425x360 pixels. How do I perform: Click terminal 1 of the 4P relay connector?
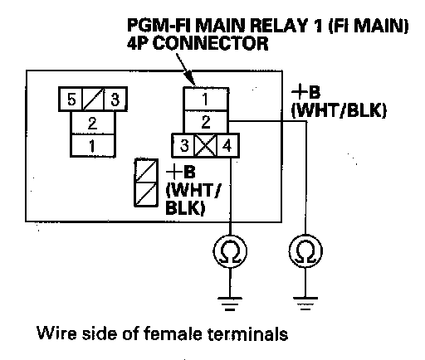[206, 99]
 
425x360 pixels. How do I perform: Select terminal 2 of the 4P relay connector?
[206, 122]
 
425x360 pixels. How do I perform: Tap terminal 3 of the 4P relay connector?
[183, 145]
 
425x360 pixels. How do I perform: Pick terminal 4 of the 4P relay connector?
[227, 145]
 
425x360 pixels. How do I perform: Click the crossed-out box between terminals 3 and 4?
[206, 145]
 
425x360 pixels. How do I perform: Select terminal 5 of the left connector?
[71, 99]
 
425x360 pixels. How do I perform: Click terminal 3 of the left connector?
[115, 99]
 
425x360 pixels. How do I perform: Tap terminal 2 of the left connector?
[93, 123]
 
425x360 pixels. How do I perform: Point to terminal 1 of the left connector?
[93, 145]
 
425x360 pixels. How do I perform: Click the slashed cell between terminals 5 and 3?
[93, 99]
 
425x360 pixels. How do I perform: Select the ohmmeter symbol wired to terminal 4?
[230, 251]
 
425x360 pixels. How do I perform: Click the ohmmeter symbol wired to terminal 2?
[305, 251]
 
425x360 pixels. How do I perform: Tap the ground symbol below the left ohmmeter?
[230, 304]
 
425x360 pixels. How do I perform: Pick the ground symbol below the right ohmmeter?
[305, 304]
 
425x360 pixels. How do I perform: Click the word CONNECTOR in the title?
[211, 43]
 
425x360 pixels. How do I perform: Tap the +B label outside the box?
[306, 92]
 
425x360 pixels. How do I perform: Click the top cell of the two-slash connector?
[146, 170]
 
